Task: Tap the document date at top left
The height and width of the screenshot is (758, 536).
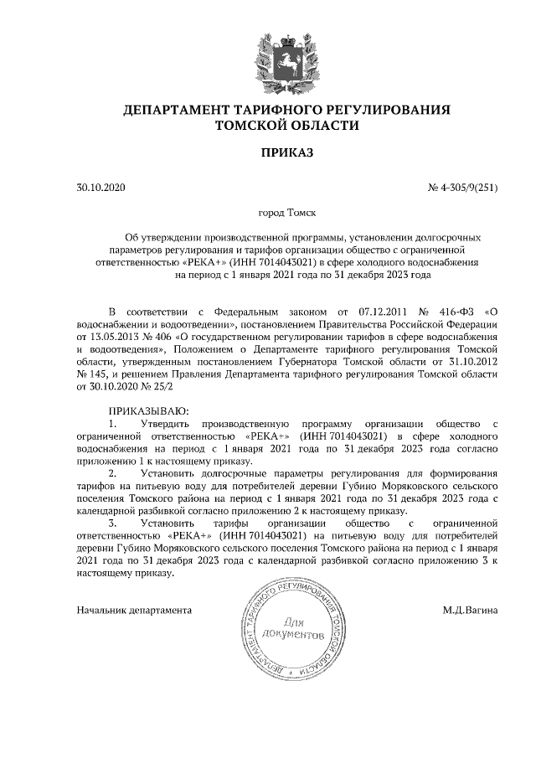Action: [99, 188]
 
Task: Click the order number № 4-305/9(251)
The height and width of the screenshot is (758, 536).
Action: [463, 188]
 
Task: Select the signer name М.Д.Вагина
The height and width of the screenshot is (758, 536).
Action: [471, 610]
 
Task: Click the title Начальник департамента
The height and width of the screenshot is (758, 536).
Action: [134, 610]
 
